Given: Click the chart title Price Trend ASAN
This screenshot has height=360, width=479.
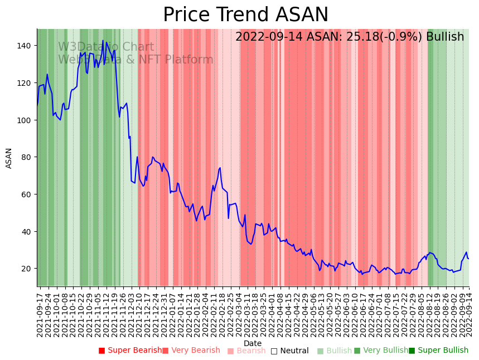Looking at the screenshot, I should (x=245, y=15).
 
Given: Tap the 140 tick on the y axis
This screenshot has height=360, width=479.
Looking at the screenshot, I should (x=26, y=46).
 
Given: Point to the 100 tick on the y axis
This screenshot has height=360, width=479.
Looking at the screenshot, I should (x=26, y=120).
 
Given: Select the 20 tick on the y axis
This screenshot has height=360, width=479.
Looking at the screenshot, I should (x=28, y=269).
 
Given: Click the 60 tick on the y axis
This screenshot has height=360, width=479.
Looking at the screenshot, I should (x=28, y=194).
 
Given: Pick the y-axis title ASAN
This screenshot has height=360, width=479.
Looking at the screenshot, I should (x=9, y=158).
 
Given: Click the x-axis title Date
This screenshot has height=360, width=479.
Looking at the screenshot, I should (x=253, y=344).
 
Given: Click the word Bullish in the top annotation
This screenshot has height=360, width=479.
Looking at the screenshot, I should (x=445, y=37).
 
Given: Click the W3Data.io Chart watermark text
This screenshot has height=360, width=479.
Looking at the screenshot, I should (x=106, y=47).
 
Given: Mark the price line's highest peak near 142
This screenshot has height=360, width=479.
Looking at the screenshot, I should (x=103, y=41).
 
